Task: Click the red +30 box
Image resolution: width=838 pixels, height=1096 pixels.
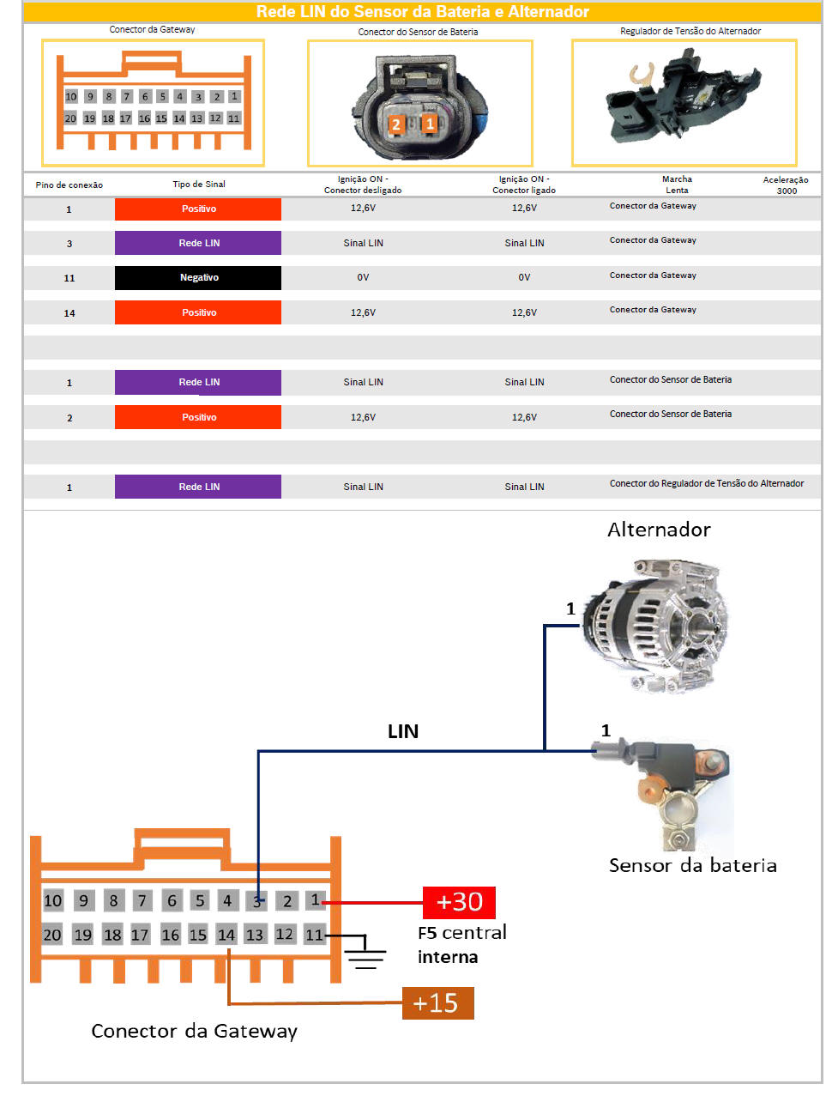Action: (459, 903)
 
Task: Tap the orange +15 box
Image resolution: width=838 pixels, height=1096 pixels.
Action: (437, 1003)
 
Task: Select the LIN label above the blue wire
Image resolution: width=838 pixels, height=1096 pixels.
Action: (403, 731)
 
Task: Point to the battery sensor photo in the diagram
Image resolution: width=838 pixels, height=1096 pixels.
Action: (678, 790)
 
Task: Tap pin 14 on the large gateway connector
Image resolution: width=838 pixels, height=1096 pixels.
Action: (226, 935)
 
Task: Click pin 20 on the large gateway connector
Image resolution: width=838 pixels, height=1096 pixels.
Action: (52, 935)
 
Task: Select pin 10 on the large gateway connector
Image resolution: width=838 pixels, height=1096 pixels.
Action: (53, 900)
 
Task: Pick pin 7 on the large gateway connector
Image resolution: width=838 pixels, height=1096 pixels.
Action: (142, 900)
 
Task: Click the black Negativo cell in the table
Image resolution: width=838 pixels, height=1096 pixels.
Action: (198, 278)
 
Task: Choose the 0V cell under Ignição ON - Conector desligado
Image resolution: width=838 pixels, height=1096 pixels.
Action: (363, 278)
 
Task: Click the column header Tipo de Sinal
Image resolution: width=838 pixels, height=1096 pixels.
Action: (199, 185)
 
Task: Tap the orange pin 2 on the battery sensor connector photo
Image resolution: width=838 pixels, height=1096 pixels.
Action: (395, 124)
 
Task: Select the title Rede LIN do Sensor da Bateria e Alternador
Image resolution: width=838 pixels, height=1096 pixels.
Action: (422, 12)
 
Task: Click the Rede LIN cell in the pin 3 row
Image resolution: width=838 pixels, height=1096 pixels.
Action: (198, 244)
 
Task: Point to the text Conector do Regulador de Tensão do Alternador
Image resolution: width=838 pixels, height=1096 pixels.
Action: (707, 484)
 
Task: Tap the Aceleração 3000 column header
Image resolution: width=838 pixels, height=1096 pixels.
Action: (786, 185)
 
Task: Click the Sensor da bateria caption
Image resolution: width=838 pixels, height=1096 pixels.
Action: (693, 865)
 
